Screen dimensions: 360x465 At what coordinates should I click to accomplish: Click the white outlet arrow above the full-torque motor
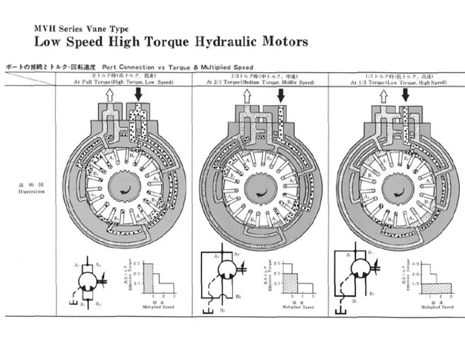pyautogui.click(x=110, y=94)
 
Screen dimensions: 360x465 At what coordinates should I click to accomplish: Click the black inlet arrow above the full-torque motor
pyautogui.click(x=138, y=94)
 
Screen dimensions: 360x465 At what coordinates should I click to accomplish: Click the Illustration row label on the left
pyautogui.click(x=30, y=190)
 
